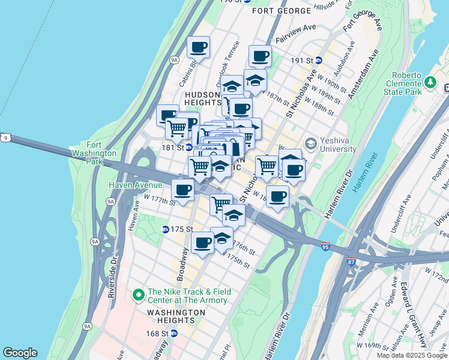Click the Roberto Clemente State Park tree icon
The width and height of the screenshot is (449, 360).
tap(430, 82)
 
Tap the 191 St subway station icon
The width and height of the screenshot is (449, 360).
tap(319, 61)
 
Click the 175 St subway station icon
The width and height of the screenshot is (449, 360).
tap(166, 229)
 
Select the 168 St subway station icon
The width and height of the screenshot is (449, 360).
tap(173, 334)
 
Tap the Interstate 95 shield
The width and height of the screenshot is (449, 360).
tap(325, 247)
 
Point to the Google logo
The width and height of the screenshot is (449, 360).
tap(20, 353)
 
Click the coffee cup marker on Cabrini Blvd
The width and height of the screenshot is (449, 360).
tap(198, 47)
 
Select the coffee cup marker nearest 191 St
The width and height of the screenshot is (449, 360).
tap(261, 56)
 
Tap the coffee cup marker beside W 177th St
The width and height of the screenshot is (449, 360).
tap(182, 190)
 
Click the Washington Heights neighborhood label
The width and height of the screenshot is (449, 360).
tap(177, 316)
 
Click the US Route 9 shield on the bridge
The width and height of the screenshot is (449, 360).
tap(5, 137)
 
